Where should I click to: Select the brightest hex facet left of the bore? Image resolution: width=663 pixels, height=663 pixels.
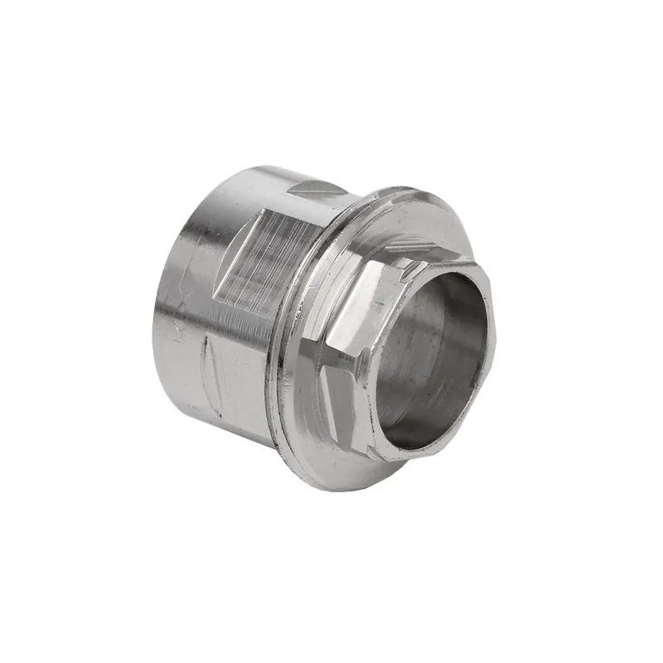352,311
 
